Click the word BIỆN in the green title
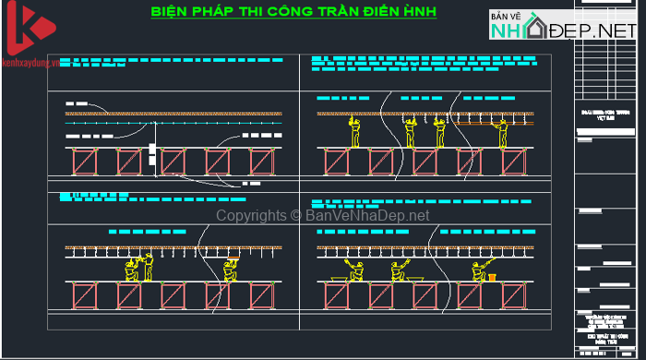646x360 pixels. [x=172, y=13]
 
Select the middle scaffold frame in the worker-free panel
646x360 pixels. [x=173, y=162]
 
